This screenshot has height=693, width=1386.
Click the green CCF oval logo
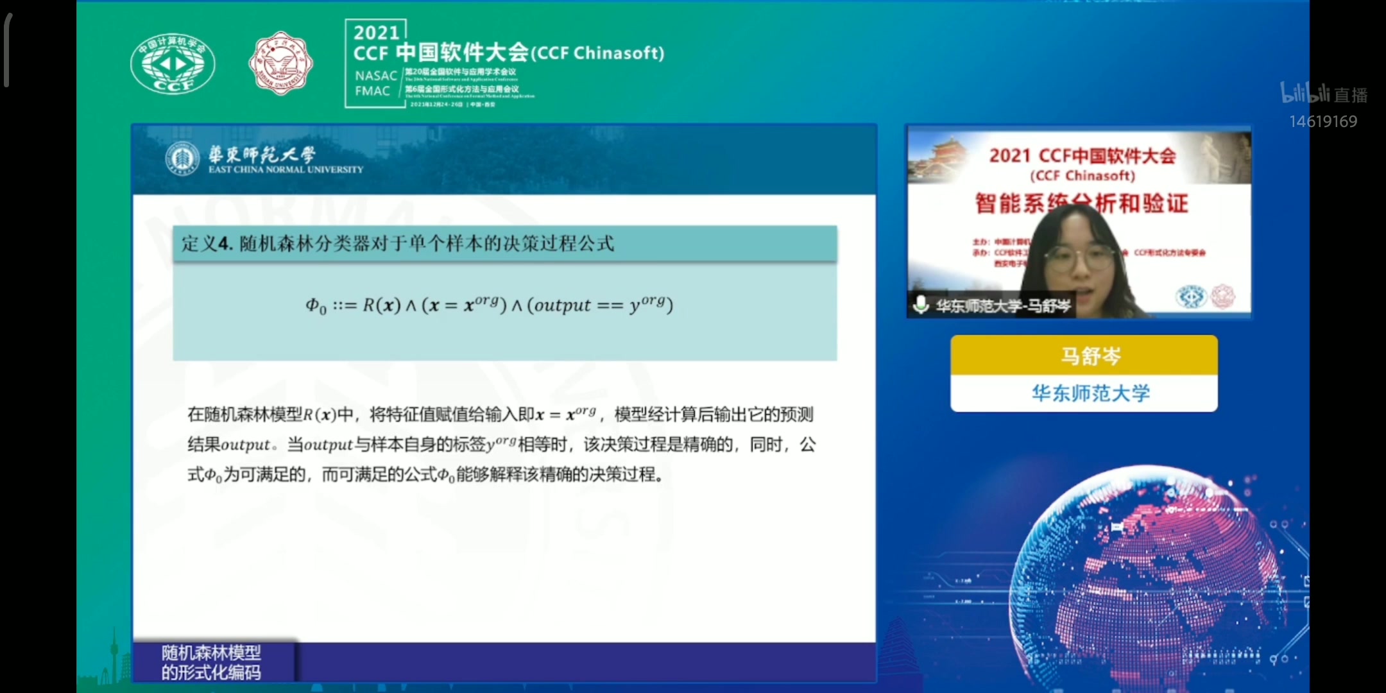coord(173,64)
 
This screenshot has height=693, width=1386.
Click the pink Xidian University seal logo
coord(280,63)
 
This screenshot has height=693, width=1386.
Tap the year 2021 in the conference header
coord(376,33)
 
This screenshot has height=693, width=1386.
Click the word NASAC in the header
coord(376,76)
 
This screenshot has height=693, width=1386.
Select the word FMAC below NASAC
coord(372,91)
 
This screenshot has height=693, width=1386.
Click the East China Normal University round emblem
coord(182,158)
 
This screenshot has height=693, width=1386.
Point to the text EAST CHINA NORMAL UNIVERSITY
coord(286,169)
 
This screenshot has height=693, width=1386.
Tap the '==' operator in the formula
coord(610,305)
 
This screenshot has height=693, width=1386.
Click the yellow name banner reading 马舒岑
coord(1084,355)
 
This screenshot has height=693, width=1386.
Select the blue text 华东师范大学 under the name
coord(1090,393)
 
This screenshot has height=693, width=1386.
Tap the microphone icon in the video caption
coord(921,304)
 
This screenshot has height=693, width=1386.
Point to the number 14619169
coord(1323,121)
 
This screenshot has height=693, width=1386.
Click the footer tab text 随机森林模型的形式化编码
coord(211,662)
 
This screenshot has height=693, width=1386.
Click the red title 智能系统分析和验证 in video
coord(1081,203)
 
